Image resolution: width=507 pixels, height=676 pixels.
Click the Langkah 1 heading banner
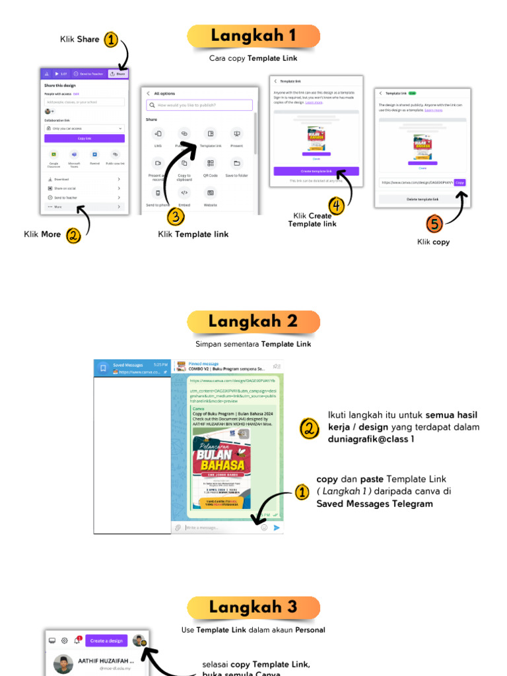coord(253,36)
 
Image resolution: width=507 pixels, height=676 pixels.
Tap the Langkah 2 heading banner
coord(253,321)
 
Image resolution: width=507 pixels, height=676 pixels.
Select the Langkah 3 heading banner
coord(253,607)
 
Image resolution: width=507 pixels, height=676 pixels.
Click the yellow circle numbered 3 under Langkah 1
coord(175,216)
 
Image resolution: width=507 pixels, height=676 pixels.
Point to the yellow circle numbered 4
coord(337,206)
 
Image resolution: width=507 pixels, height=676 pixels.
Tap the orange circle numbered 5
coord(434,224)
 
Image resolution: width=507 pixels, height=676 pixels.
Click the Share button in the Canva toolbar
coord(118,74)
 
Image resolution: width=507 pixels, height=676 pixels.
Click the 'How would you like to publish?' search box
coord(199,105)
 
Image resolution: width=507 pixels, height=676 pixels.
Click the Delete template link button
coord(422,199)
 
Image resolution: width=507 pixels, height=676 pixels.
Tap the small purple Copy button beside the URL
coord(459,182)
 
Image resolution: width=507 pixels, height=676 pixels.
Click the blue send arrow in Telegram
coord(277,527)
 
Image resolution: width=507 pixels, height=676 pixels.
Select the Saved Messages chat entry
coord(132,368)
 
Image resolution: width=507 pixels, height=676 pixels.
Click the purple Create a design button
coord(106,640)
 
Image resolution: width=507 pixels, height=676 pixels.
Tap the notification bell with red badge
coord(77,640)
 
